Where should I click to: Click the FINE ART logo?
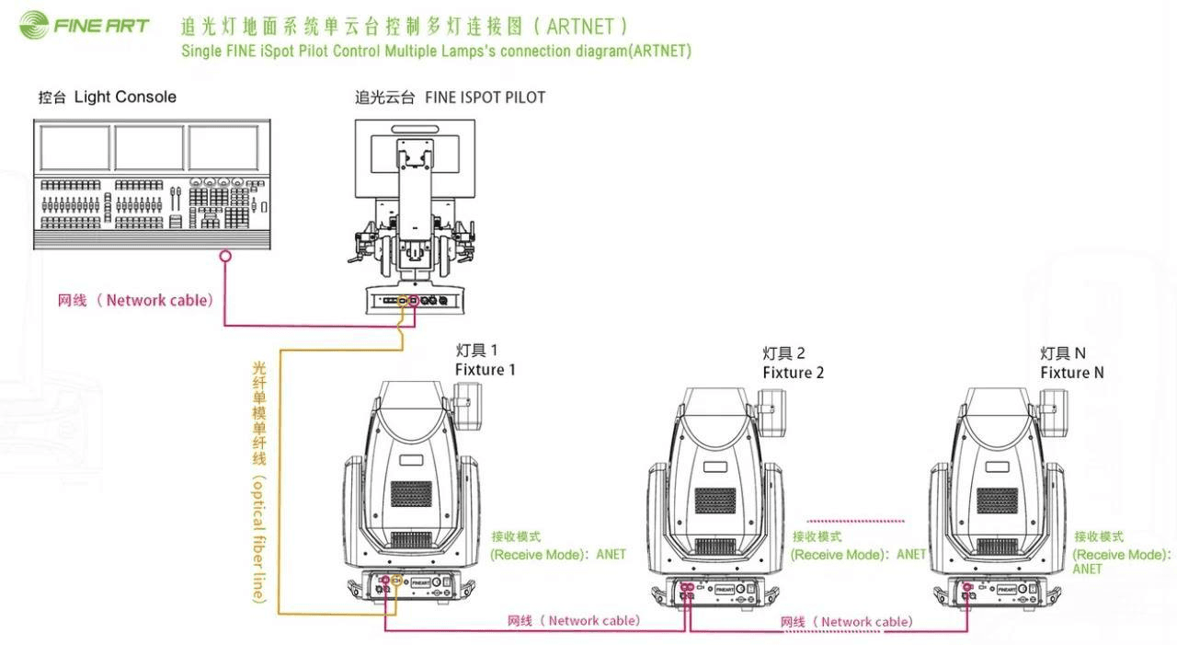(x=84, y=25)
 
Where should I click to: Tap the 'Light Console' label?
(x=125, y=97)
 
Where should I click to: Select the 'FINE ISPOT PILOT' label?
(x=485, y=97)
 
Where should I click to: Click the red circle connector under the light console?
(x=225, y=257)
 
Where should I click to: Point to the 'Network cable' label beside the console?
(x=159, y=300)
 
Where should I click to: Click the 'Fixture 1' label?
(x=485, y=370)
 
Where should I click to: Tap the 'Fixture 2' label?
(x=793, y=373)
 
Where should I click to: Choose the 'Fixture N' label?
(x=1071, y=373)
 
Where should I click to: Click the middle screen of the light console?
(x=149, y=147)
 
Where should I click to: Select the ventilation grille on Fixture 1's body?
(x=411, y=493)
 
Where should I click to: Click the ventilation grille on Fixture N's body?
(x=997, y=501)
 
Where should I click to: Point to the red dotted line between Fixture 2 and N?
(x=856, y=521)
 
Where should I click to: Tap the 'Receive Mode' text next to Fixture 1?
(x=541, y=555)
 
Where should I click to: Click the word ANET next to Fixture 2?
(x=911, y=555)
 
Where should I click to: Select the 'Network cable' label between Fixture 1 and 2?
(x=592, y=621)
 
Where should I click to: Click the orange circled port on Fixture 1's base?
(x=396, y=580)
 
